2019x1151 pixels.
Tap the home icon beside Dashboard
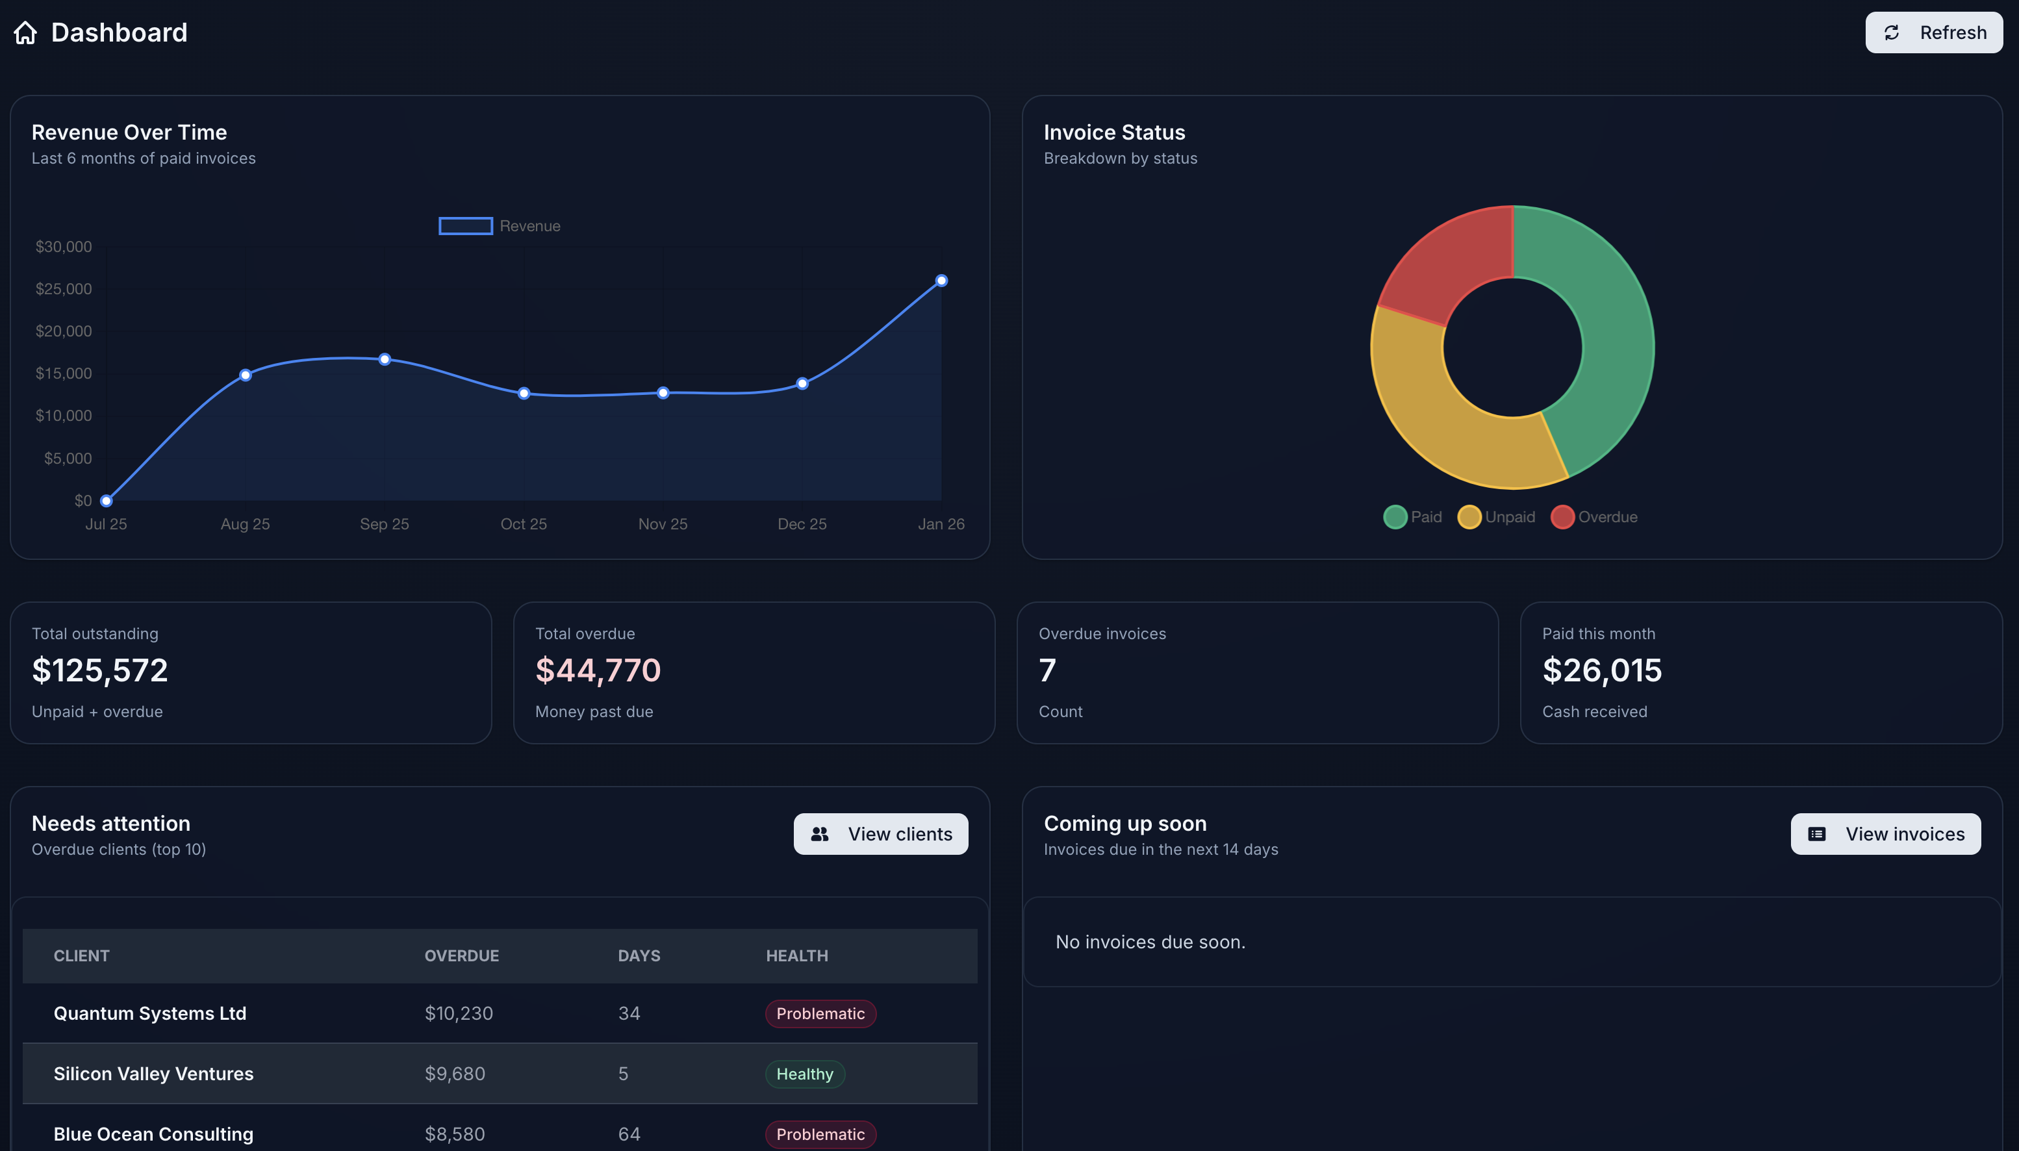25,32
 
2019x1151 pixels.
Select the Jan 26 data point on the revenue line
941,281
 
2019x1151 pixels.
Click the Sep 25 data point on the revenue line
384,359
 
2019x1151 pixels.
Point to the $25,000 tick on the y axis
63,288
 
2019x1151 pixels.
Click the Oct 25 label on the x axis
524,524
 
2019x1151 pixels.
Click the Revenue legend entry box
466,226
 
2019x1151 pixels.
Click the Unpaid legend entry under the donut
1497,517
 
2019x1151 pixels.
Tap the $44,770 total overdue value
598,670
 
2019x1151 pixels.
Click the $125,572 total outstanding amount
99,670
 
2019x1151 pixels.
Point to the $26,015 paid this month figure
1601,670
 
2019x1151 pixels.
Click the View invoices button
1885,834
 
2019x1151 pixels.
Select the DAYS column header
639,955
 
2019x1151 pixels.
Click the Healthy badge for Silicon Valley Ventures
804,1074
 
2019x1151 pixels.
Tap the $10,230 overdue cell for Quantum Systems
459,1013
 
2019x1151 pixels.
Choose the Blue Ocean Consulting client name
153,1133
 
